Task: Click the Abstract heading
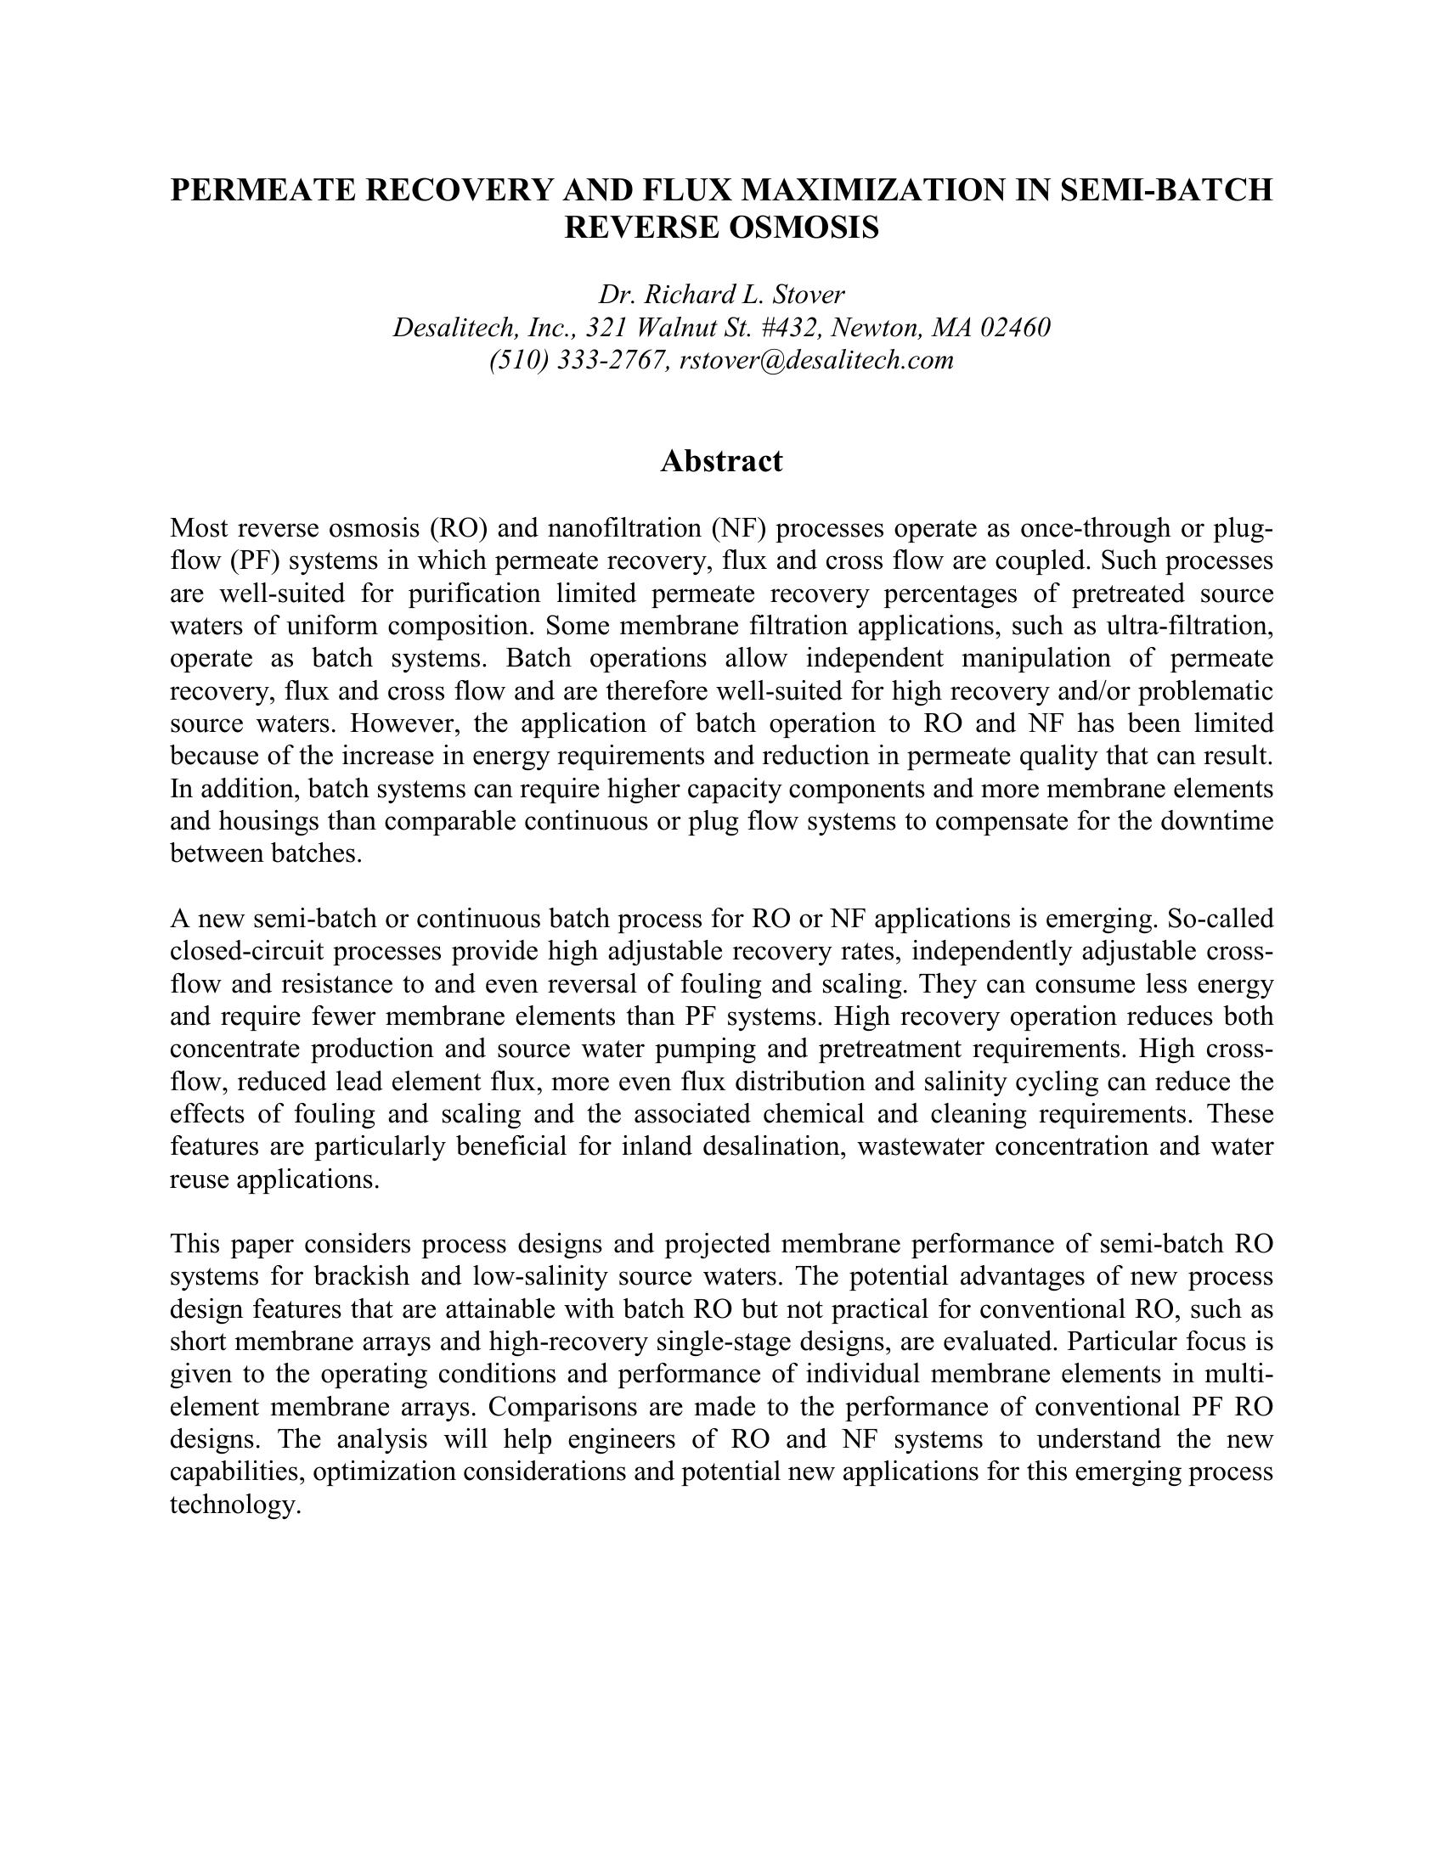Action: [x=721, y=462]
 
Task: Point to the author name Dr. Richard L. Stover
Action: [x=721, y=295]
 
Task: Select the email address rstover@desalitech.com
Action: [x=816, y=360]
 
